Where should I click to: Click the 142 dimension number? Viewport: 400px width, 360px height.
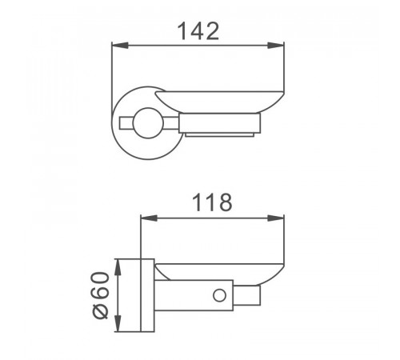pyautogui.click(x=198, y=31)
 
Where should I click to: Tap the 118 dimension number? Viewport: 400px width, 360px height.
pyautogui.click(x=212, y=202)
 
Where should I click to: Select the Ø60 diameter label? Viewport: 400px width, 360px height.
pyautogui.click(x=101, y=295)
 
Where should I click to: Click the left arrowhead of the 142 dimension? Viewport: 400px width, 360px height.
pyautogui.click(x=120, y=46)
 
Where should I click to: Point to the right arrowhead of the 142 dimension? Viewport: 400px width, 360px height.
pyautogui.click(x=276, y=46)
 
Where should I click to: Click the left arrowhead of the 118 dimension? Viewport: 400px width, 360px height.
pyautogui.click(x=149, y=218)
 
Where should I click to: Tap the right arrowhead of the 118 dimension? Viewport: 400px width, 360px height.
pyautogui.click(x=276, y=218)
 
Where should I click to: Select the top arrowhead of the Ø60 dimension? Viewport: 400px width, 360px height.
pyautogui.click(x=118, y=267)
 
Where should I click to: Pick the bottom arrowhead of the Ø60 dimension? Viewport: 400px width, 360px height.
pyautogui.click(x=118, y=323)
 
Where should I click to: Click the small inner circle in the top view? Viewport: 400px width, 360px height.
pyautogui.click(x=148, y=123)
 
